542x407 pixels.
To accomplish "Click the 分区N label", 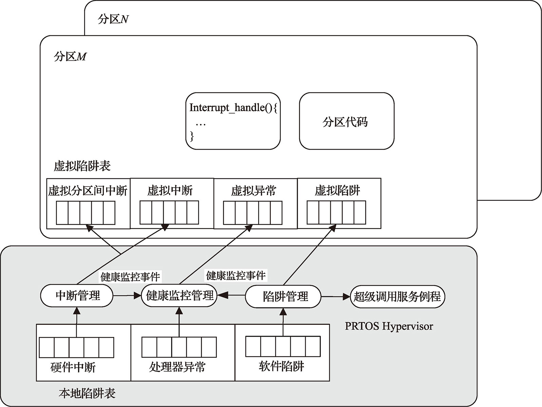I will [113, 19].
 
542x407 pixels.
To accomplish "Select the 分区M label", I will [70, 56].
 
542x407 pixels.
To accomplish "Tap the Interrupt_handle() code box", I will [233, 121].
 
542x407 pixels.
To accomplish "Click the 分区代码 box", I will [346, 121].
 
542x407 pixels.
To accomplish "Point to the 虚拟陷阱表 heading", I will [82, 166].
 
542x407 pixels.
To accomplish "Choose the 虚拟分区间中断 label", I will [88, 191].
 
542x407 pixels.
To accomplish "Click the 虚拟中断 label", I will [170, 190].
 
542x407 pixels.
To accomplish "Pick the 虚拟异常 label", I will [254, 191].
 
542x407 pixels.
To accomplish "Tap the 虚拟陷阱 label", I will [337, 190].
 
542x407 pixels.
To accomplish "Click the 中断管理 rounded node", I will [77, 296].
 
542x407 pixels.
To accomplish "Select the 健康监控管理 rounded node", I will [179, 296].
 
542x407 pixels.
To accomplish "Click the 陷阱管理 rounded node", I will [283, 297].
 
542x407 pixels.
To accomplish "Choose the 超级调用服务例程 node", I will [397, 297].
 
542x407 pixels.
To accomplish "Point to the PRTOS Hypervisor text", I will [389, 326].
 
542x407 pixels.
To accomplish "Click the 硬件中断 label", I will [73, 367].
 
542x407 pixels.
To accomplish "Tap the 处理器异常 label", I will [177, 367].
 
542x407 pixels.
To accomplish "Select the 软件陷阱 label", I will [281, 366].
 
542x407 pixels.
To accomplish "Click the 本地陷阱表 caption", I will [87, 393].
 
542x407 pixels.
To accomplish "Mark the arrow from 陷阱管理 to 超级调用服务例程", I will [335, 297].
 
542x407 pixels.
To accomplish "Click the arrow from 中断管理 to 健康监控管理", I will [127, 296].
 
